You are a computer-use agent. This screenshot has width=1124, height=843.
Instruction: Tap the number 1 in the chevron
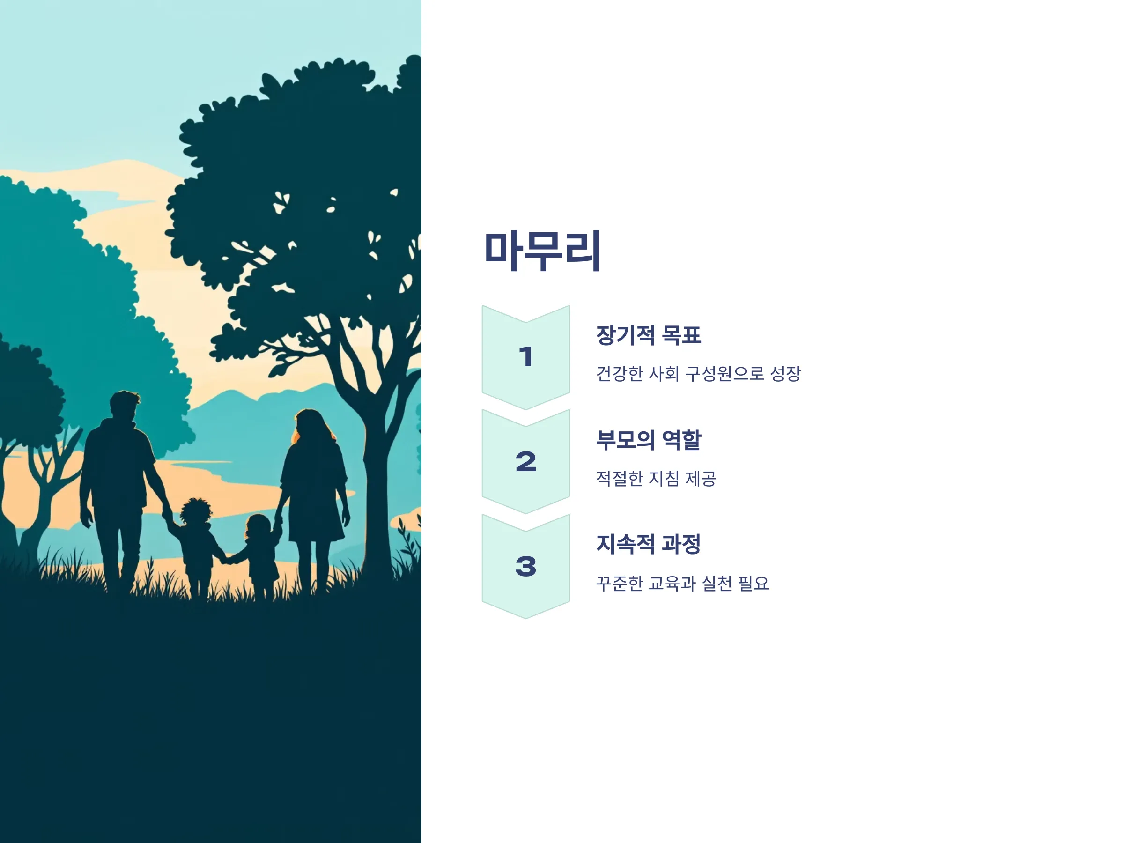tap(526, 357)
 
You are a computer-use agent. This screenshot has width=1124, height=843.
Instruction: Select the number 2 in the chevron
tap(526, 461)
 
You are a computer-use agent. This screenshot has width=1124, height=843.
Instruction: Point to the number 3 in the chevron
tap(526, 566)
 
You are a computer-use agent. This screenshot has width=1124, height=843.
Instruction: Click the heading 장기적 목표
tap(648, 335)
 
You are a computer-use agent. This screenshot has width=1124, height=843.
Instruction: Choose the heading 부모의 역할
tap(648, 440)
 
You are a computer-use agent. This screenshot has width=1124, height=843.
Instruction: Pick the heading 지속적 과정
tap(648, 544)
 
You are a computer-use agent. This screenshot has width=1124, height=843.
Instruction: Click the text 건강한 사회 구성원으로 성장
tap(698, 373)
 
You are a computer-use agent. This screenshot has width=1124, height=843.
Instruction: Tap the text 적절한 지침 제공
tap(656, 478)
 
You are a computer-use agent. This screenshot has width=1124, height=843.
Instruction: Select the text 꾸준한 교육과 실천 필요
tap(682, 583)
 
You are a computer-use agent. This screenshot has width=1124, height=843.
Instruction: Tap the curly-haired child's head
tap(196, 512)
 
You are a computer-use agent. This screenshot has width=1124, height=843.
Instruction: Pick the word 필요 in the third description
tap(754, 583)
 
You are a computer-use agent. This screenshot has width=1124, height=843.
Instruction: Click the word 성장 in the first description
tap(785, 373)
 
